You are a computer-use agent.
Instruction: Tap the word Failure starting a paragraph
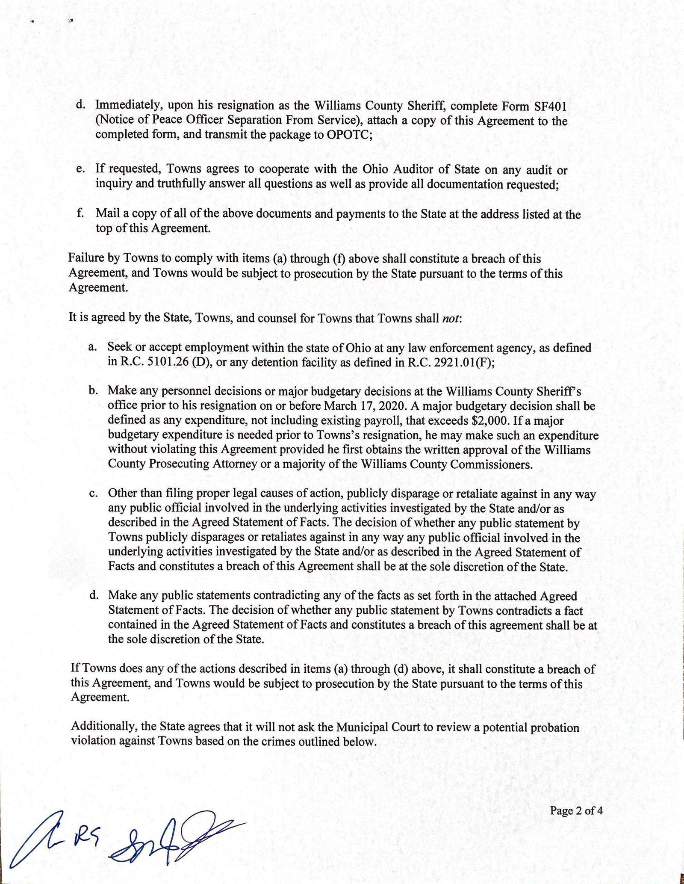pos(84,259)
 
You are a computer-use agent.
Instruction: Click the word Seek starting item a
pos(118,348)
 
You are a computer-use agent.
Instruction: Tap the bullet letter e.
pos(80,170)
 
